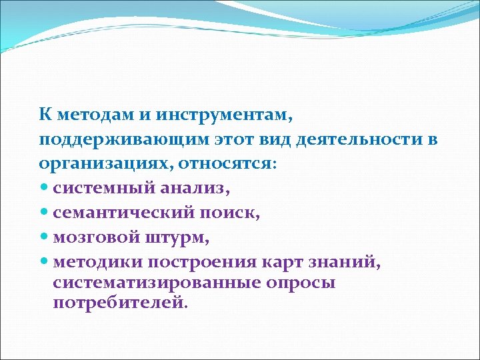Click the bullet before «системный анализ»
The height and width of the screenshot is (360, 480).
(44, 188)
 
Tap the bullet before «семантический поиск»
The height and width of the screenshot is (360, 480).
(44, 213)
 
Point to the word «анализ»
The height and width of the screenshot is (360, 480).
(193, 188)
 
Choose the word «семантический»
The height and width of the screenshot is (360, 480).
(124, 213)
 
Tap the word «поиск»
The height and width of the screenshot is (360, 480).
(231, 213)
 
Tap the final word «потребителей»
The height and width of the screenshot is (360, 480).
(117, 303)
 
